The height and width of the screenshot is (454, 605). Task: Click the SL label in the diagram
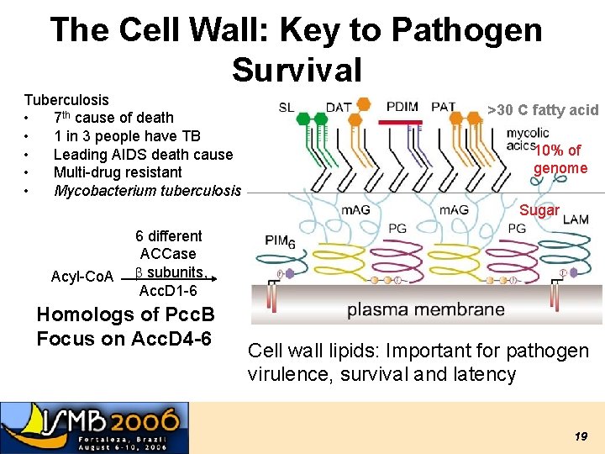click(x=287, y=108)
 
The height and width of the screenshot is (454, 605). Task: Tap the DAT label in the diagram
click(x=339, y=107)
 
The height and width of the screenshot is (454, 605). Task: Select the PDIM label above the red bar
click(x=402, y=107)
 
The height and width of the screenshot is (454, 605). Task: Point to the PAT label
click(x=443, y=107)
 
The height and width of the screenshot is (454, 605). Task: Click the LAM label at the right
click(x=576, y=219)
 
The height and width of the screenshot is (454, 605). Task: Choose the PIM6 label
click(x=281, y=240)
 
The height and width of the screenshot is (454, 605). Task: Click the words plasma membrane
click(x=425, y=309)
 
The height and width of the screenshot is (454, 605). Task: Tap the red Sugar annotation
click(x=539, y=210)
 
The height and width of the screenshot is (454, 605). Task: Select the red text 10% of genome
click(x=560, y=159)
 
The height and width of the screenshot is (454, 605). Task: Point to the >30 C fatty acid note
click(x=543, y=109)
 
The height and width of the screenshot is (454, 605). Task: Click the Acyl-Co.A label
click(x=82, y=277)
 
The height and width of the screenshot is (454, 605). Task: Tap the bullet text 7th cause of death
click(x=113, y=118)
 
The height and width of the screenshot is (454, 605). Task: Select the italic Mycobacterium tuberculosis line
click(x=147, y=190)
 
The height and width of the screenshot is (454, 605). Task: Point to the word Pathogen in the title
click(x=466, y=30)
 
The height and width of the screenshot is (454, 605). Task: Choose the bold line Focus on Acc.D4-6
click(x=124, y=339)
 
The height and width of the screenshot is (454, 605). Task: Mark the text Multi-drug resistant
click(x=118, y=172)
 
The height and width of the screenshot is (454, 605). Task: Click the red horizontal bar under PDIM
click(x=401, y=121)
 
